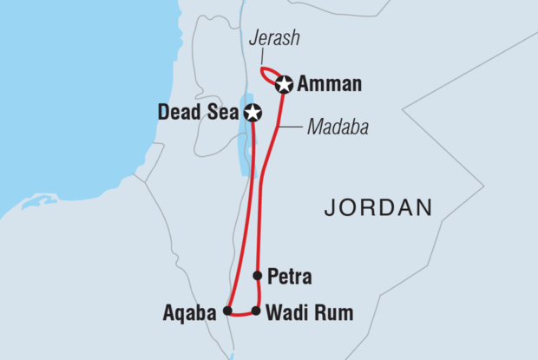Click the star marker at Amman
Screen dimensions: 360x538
point(284,84)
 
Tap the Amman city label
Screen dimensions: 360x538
point(330,85)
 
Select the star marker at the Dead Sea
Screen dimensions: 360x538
point(253,113)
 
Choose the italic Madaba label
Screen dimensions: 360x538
point(338,128)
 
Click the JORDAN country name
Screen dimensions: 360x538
point(377,206)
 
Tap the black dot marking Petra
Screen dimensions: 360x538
point(257,276)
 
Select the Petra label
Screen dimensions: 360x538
point(291,278)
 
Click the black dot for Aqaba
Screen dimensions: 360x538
point(227,310)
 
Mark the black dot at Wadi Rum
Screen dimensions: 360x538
point(256,310)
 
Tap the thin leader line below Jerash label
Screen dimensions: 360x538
point(266,56)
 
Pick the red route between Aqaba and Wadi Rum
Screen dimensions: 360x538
point(241,314)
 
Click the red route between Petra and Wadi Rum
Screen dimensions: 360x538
point(257,293)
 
